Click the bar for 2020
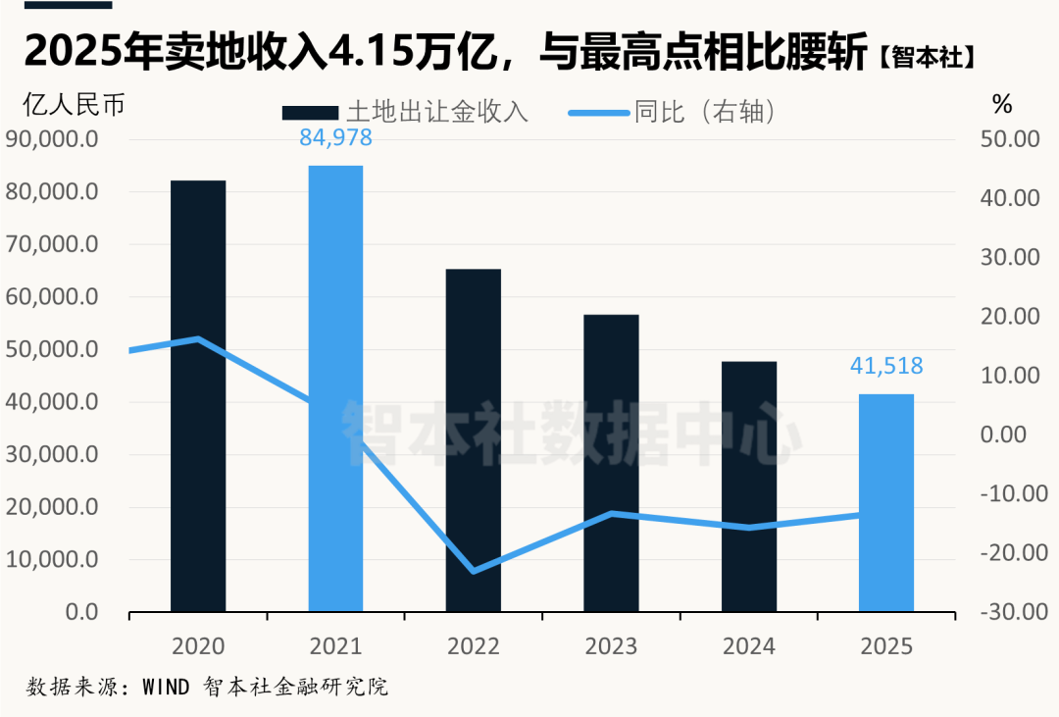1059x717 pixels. tap(198, 396)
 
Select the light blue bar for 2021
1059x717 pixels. tap(335, 388)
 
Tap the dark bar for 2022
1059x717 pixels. tap(474, 440)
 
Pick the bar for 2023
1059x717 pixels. tap(611, 463)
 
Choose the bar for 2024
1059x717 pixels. tap(749, 487)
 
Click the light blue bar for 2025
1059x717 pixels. tap(886, 503)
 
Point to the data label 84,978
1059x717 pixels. tap(335, 138)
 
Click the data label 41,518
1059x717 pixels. tap(886, 366)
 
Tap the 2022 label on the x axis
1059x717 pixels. tap(474, 646)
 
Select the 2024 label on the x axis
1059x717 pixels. tap(749, 646)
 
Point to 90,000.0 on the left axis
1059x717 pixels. tap(52, 139)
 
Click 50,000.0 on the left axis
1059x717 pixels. tap(52, 349)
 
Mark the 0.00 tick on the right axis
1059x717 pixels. tap(1004, 434)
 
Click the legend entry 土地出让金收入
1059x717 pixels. tap(405, 112)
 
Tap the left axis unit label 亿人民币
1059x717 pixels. tap(75, 105)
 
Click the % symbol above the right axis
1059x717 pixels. tap(1002, 104)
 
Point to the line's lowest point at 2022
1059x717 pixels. tap(474, 572)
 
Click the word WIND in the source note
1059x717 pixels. tap(166, 687)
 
